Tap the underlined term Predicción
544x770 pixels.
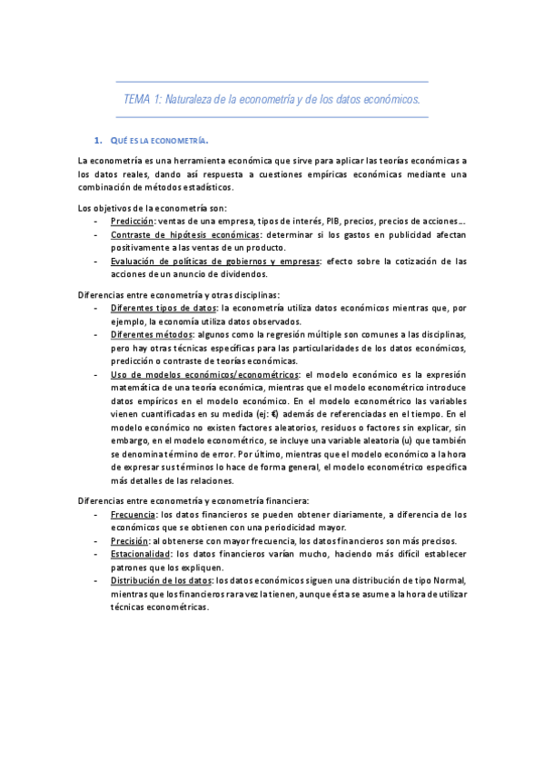(x=132, y=221)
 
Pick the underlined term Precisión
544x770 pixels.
(x=130, y=541)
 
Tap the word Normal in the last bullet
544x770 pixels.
(x=450, y=581)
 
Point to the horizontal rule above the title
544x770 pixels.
(x=272, y=82)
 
